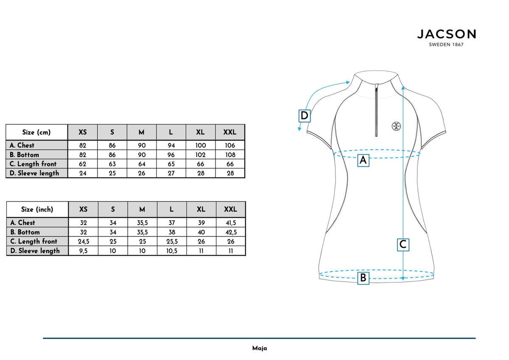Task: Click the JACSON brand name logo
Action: (x=447, y=34)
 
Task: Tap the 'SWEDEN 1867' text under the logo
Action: (x=446, y=45)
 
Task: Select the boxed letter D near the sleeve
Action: (x=304, y=116)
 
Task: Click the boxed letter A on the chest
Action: (x=363, y=160)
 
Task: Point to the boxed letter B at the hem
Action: (x=363, y=278)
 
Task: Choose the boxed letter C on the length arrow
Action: (x=403, y=245)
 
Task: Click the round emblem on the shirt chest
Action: (x=396, y=126)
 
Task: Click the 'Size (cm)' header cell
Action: (x=36, y=132)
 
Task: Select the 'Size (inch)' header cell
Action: (x=37, y=209)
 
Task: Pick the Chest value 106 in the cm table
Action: (x=230, y=145)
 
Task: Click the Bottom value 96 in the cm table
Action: (x=171, y=155)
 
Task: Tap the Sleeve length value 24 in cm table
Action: (x=83, y=173)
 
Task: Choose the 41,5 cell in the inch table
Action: (x=231, y=222)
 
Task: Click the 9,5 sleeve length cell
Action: (x=84, y=251)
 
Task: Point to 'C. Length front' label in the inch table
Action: (x=34, y=241)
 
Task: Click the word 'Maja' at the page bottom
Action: (x=260, y=348)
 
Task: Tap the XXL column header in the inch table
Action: (x=231, y=209)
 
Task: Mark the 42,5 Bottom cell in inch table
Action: (x=231, y=232)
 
